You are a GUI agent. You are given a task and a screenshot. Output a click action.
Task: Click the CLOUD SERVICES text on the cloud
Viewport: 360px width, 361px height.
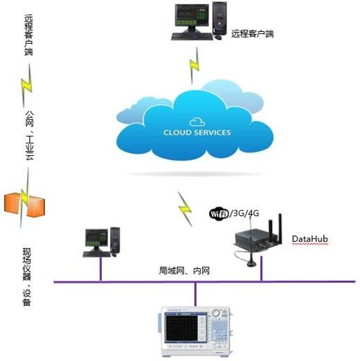[x=197, y=132]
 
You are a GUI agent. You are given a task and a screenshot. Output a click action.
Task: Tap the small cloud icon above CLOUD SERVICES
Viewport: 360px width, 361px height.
[x=197, y=122]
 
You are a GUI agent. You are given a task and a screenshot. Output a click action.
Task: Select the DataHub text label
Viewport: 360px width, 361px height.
[x=310, y=239]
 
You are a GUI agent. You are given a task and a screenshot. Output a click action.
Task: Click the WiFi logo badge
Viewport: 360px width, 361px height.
[x=219, y=214]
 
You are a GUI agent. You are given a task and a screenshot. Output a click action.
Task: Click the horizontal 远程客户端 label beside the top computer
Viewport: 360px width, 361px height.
[x=253, y=34]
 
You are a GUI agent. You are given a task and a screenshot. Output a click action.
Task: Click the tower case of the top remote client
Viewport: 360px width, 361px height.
[x=219, y=17]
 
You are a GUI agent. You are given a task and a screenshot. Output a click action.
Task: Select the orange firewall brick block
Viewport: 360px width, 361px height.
[x=24, y=204]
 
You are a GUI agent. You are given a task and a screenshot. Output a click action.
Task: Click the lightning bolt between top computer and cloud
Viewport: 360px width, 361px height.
[x=195, y=65]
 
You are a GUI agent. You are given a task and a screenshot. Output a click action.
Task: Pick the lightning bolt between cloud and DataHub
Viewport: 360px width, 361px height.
[x=185, y=209]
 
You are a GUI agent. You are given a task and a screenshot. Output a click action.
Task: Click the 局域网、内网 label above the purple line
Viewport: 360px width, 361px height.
[x=184, y=271]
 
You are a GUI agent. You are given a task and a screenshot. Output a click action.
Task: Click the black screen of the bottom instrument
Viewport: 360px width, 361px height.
[x=181, y=328]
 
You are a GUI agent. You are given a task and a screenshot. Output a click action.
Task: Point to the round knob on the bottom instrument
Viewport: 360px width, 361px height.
[x=216, y=313]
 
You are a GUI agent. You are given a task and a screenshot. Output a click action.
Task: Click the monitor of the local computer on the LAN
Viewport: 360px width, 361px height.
[x=97, y=238]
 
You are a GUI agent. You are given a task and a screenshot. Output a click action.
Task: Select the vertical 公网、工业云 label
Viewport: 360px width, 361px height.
[x=29, y=136]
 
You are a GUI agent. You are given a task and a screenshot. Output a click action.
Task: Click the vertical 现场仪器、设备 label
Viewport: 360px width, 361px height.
[x=27, y=277]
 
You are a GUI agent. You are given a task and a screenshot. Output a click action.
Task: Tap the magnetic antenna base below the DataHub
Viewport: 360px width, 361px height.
[x=251, y=262]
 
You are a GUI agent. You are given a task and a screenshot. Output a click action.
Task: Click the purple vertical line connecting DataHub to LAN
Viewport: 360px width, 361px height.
[x=262, y=268]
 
